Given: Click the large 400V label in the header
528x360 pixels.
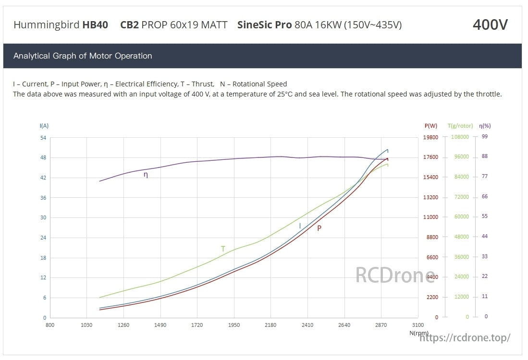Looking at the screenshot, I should point(490,24).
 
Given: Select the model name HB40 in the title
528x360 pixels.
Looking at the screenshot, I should point(95,25).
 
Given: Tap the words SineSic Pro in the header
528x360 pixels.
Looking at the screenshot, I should point(264,25).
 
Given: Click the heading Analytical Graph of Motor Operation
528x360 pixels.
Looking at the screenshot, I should point(83,56).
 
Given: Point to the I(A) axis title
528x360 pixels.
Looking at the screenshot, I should point(44,126).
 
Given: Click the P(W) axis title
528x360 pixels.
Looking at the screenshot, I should point(430,126).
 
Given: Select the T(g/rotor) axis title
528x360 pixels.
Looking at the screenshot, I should point(460,126).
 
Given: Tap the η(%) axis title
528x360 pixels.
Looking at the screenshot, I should point(485,126).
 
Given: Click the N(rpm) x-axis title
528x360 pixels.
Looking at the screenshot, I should point(419,333).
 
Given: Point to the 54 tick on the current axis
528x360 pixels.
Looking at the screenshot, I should point(43,138).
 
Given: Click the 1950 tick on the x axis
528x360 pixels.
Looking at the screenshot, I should point(233,325).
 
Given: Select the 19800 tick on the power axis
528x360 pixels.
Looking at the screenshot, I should point(430,137).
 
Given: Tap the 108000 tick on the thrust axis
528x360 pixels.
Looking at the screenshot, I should point(460,137).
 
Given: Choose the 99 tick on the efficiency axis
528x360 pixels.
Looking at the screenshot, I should point(485,137).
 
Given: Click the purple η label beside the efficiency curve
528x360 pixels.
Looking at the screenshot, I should point(146,175).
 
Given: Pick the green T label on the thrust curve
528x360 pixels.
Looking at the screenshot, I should point(223,249).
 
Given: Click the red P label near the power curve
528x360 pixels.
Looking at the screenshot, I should point(319,228).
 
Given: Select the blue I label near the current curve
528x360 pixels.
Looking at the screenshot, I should point(300,226).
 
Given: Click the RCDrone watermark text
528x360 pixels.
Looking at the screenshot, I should point(395,276).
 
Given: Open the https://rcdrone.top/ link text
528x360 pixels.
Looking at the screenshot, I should point(465,338).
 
